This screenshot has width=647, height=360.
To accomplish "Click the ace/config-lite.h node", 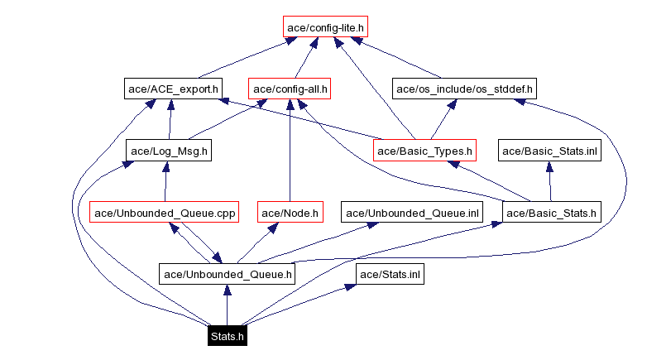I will pos(325,27).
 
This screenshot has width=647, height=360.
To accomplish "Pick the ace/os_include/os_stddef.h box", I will pos(464,88).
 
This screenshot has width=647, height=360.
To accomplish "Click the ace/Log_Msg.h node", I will pos(170,151).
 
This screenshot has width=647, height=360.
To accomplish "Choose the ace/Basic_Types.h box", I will pos(425,151).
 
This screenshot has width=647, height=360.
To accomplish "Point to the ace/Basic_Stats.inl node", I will pos(549,151).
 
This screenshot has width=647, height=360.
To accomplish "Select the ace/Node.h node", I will pos(290,213).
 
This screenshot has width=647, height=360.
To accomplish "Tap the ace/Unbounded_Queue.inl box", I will pos(413,213).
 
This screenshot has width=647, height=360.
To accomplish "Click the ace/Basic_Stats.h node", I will pos(550,213).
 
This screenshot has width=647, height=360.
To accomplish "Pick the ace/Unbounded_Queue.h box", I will pos(228,274).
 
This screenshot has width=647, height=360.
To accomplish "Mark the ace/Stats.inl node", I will pos(390,274).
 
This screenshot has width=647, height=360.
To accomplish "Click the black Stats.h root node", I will pos(227,336).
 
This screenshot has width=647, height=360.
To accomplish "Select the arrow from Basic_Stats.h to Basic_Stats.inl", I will pos(549,181).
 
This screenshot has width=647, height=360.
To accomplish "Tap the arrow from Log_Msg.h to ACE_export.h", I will pos(171,120).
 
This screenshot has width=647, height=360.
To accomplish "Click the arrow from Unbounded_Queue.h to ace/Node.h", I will pos(256,244).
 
